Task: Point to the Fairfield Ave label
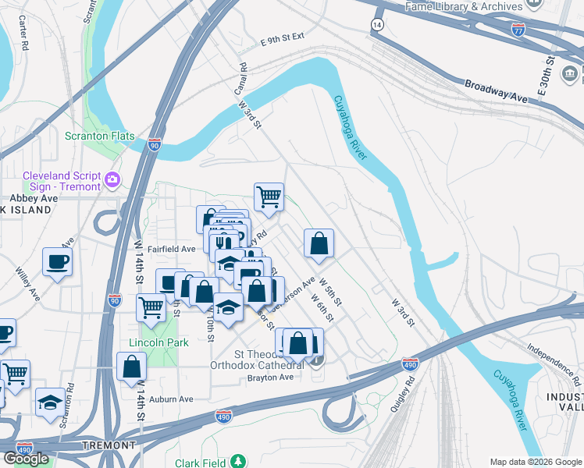171,249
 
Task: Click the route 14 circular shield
378,25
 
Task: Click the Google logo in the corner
27,458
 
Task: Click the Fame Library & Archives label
464,7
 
